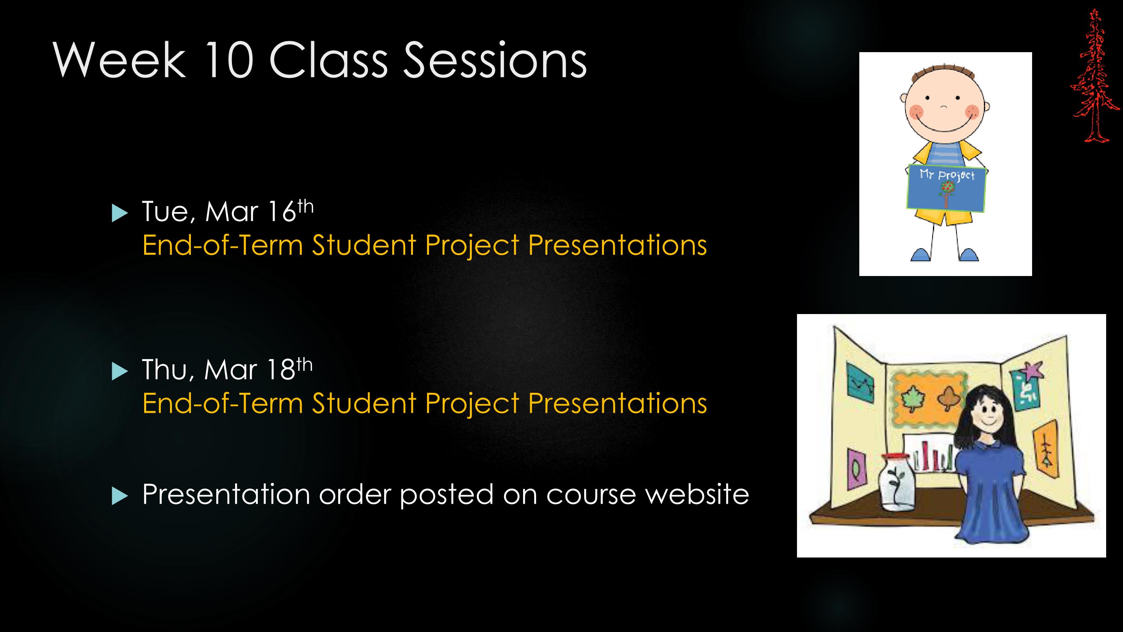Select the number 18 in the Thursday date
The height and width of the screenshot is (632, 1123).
tap(282, 370)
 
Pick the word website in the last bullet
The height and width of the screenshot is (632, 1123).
tap(697, 494)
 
